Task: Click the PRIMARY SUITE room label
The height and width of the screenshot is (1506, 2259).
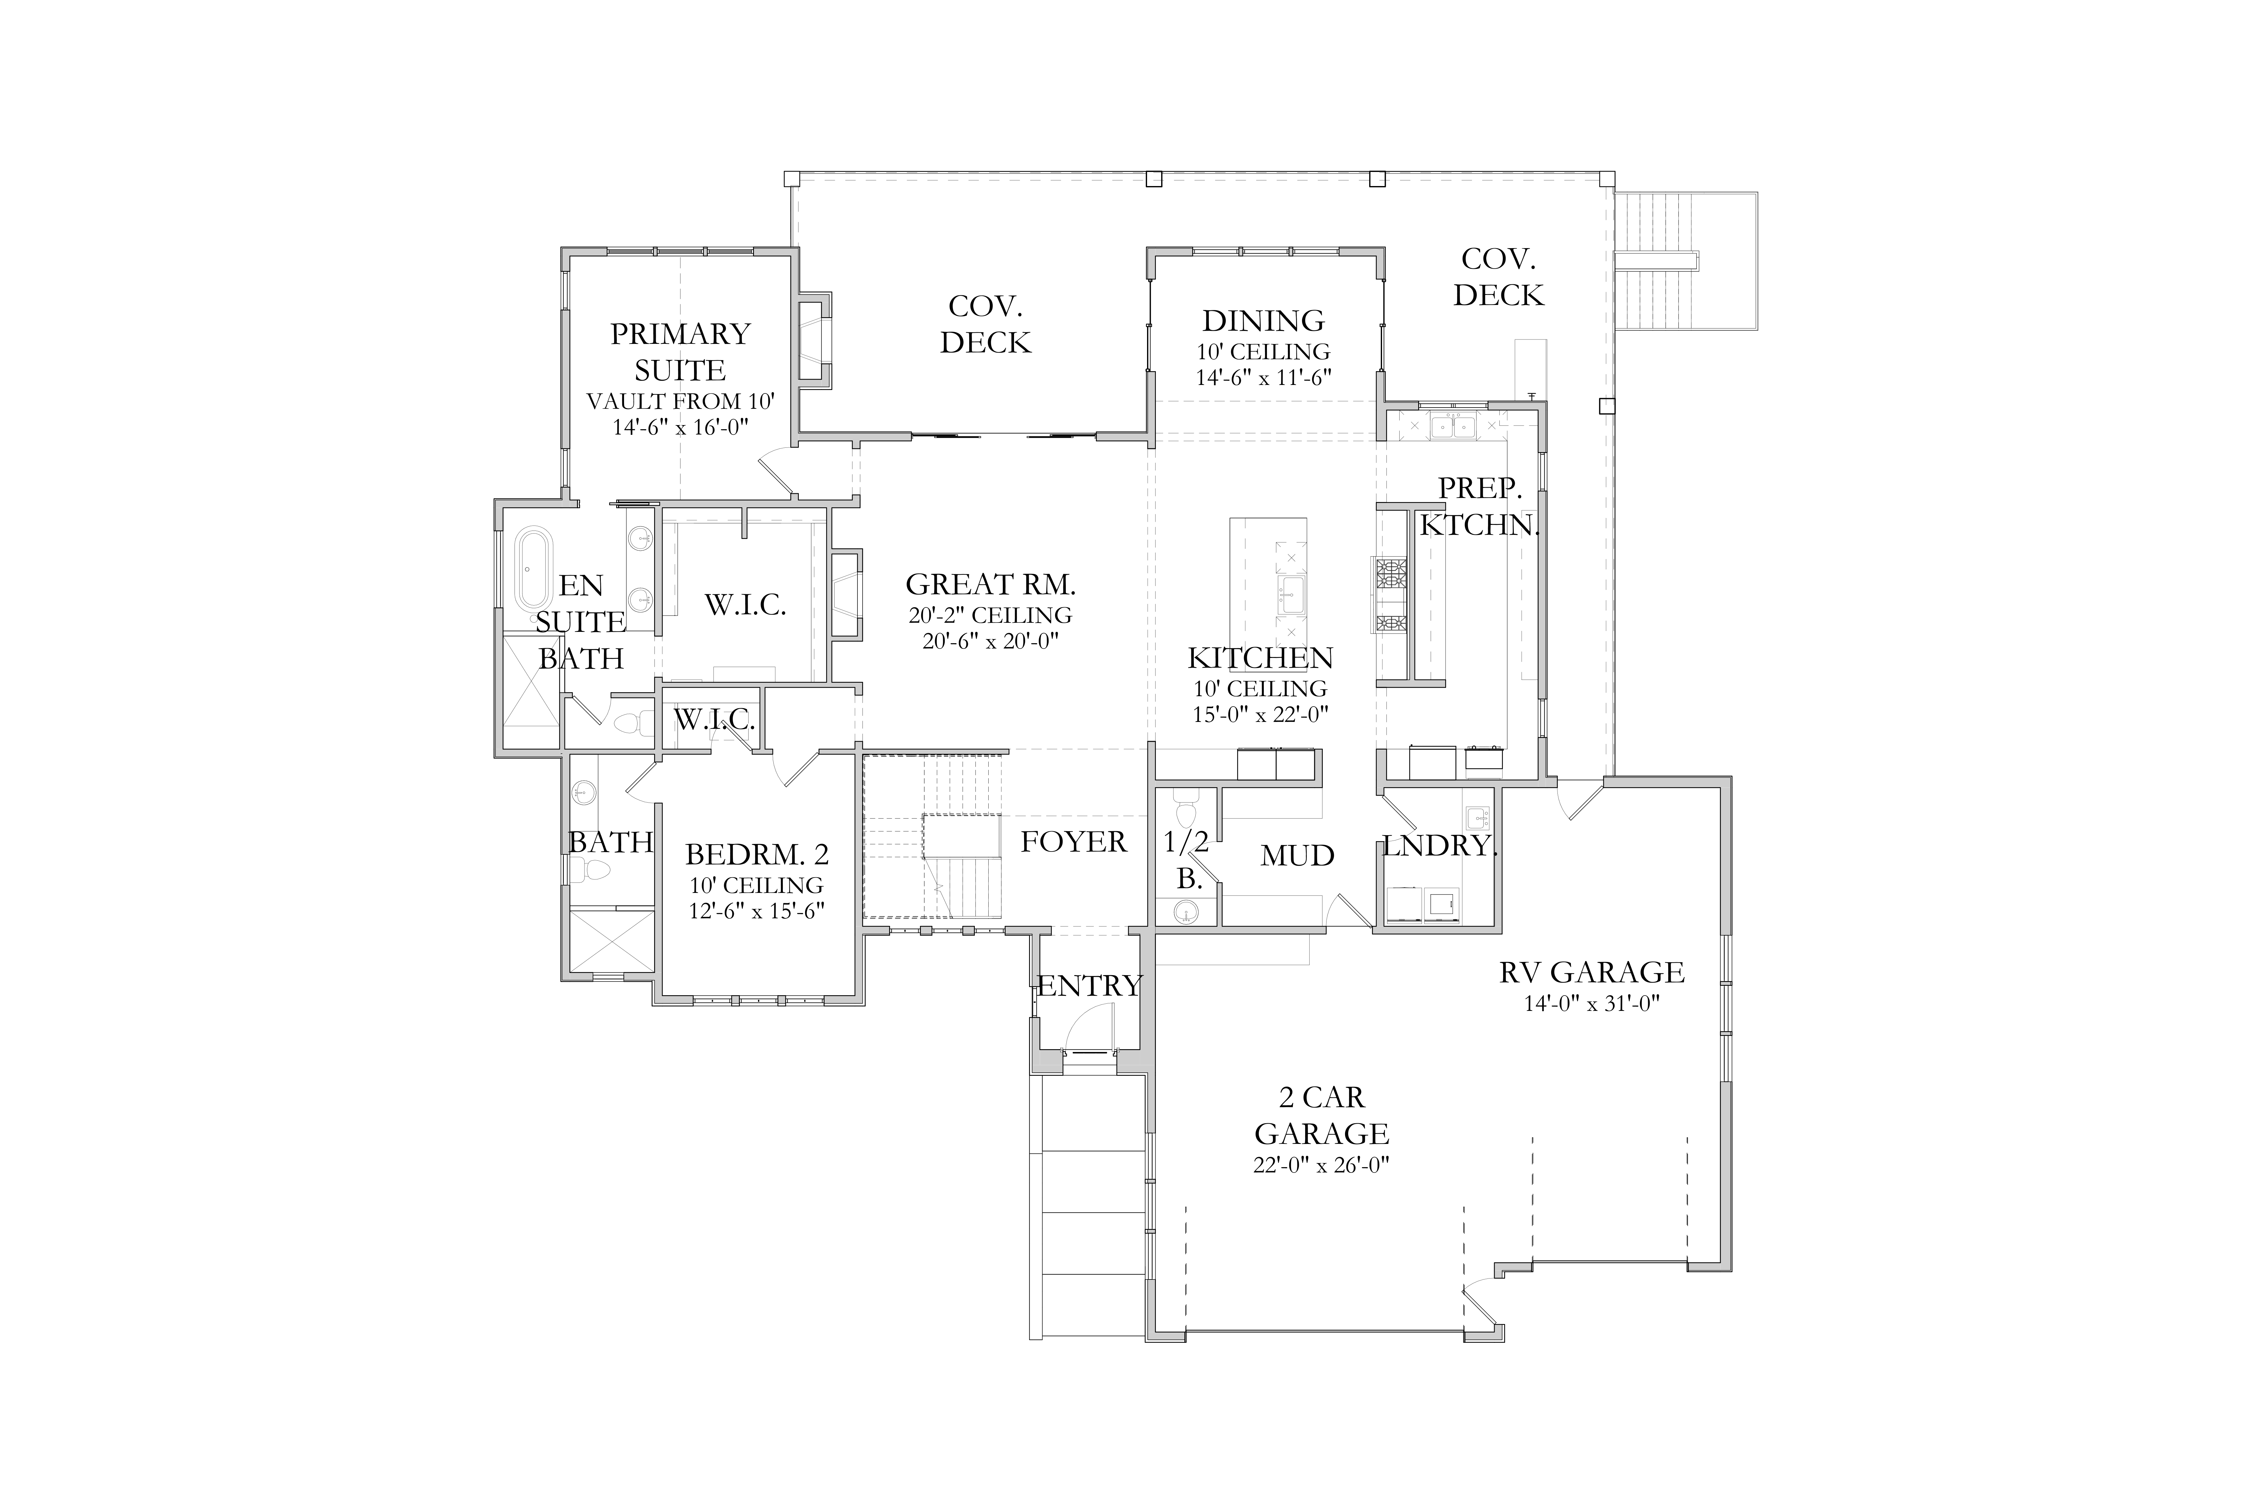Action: coord(680,351)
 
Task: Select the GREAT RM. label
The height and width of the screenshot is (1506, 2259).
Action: coord(990,584)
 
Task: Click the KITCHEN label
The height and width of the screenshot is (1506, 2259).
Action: coord(1260,658)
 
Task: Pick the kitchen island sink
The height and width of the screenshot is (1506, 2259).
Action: coord(1291,595)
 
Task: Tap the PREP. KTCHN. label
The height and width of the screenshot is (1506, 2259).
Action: coord(1479,506)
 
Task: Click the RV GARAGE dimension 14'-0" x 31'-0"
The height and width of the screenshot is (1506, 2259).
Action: coord(1591,1004)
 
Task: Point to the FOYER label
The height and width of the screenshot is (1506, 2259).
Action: coord(1073,841)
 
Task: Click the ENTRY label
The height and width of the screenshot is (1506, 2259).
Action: coord(1089,985)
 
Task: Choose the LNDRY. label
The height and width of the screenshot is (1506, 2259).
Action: coord(1440,846)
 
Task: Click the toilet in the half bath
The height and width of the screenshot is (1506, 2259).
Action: coord(1186,807)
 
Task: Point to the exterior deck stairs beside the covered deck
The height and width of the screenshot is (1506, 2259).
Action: coord(1685,260)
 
